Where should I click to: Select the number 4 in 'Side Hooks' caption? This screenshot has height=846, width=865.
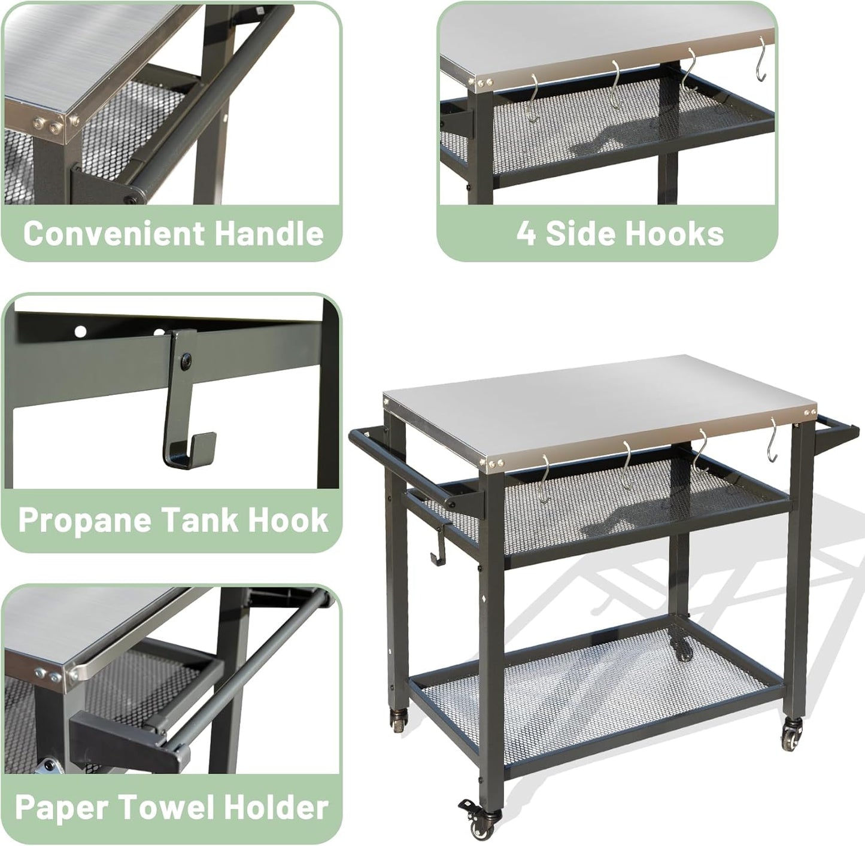pyautogui.click(x=526, y=233)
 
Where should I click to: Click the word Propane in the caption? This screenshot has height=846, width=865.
pyautogui.click(x=85, y=519)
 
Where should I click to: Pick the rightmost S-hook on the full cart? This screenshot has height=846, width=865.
pyautogui.click(x=773, y=440)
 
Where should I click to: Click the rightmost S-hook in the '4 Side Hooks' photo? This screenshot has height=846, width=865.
pyautogui.click(x=761, y=60)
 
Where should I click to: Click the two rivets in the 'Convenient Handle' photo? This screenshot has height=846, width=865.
pyautogui.click(x=48, y=125)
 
